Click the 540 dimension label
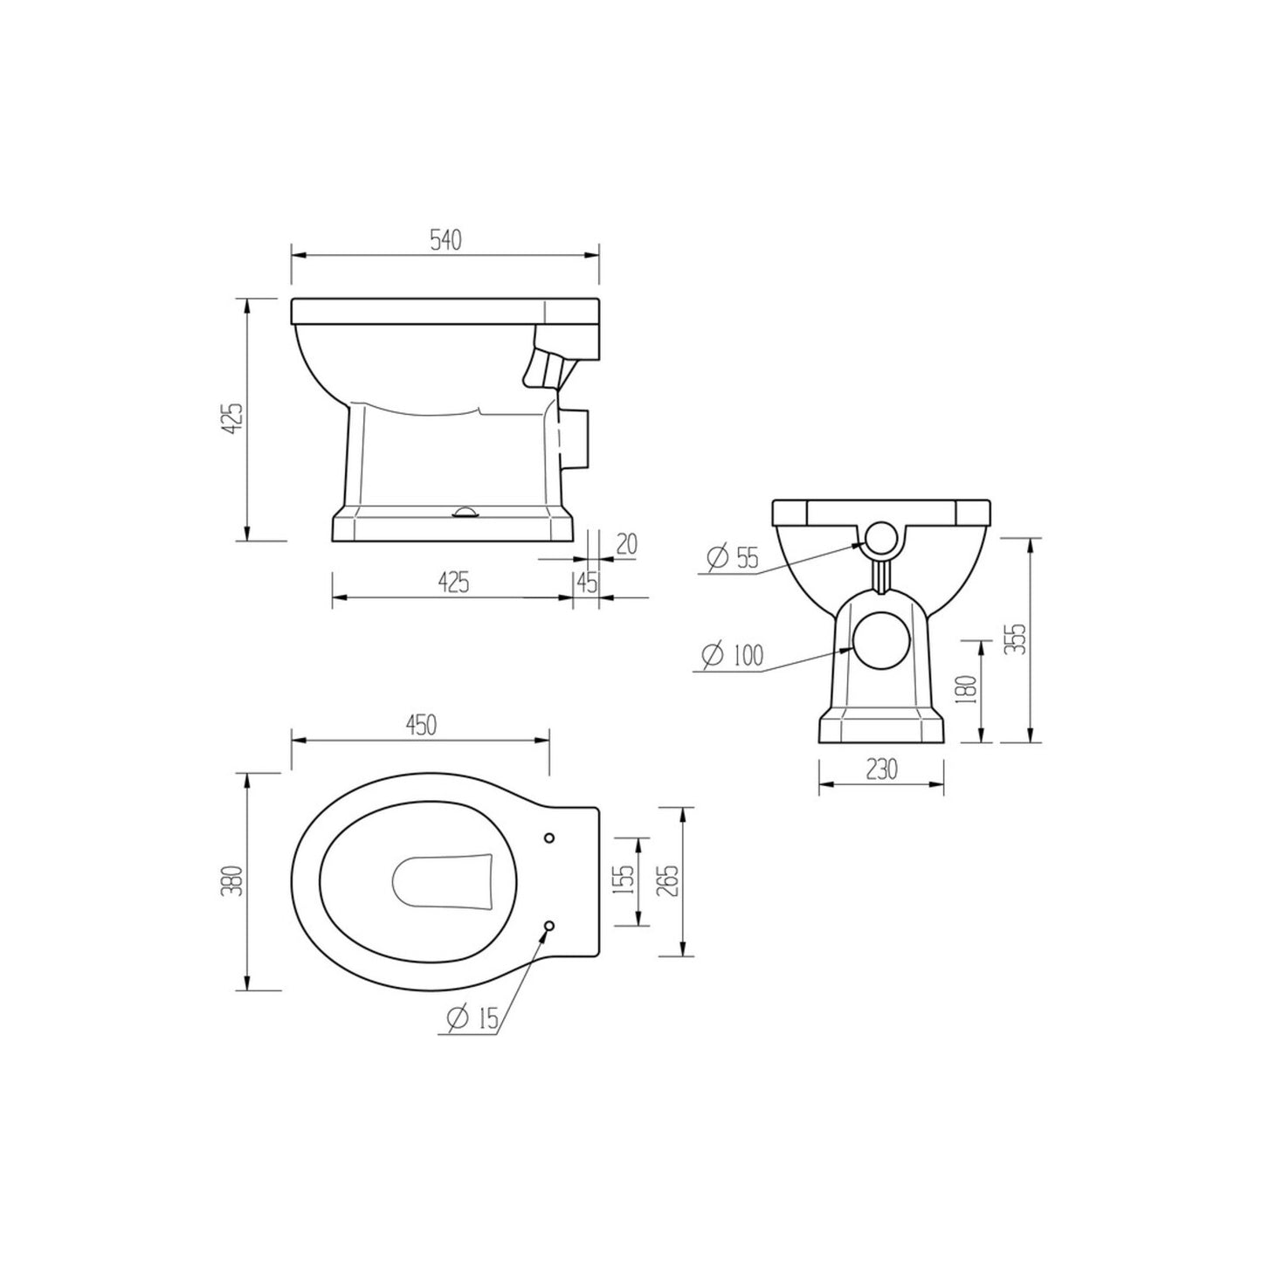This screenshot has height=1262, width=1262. coord(445,241)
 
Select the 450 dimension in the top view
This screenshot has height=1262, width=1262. coord(419,726)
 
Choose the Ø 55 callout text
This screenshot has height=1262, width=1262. coord(732,559)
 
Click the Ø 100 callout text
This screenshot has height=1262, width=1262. coord(732,655)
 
